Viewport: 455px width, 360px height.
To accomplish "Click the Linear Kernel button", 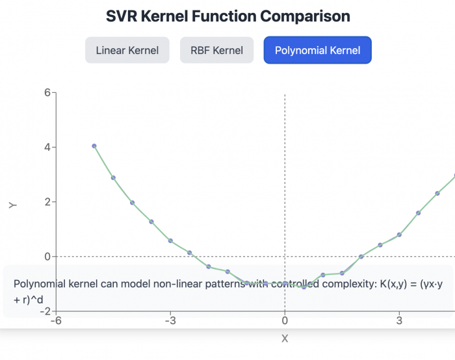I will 127,50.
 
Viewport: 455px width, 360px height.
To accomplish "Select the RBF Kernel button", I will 216,50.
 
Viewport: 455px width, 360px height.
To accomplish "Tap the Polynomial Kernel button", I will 317,50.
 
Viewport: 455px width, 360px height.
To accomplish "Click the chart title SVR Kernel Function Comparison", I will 227,16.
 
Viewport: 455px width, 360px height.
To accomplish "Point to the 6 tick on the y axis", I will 47,92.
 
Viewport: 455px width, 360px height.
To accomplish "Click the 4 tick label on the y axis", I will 47,148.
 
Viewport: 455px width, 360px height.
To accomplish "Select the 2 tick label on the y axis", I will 47,202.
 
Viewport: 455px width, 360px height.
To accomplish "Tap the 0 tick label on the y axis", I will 47,257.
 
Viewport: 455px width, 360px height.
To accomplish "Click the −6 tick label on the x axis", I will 56,320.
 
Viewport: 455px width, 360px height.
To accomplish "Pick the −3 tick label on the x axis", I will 170,320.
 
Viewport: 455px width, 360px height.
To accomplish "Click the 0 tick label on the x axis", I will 285,320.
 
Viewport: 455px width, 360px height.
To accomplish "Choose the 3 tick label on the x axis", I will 399,320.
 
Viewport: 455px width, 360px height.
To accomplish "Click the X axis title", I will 285,338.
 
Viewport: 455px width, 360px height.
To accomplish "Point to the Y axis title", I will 12,205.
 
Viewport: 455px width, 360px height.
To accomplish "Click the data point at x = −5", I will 94,146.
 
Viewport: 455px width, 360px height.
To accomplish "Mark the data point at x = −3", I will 170,240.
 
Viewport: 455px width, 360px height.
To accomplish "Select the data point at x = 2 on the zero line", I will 361,257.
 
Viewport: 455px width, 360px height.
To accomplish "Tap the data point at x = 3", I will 399,235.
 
